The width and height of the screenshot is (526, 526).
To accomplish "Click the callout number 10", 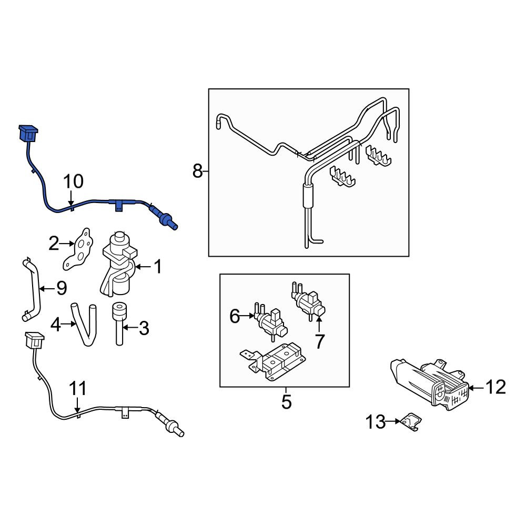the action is pyautogui.click(x=73, y=181).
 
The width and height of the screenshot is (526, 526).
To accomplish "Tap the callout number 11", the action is pyautogui.click(x=78, y=389).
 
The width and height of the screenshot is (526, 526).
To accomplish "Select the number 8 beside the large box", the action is pyautogui.click(x=198, y=171).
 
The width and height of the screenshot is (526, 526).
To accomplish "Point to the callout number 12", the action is pyautogui.click(x=496, y=387).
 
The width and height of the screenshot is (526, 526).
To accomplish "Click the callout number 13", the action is pyautogui.click(x=376, y=422).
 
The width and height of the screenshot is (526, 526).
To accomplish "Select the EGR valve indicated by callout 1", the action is pyautogui.click(x=118, y=264).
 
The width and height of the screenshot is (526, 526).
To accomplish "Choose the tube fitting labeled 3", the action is pyautogui.click(x=119, y=323).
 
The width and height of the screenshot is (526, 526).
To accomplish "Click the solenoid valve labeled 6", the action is pyautogui.click(x=271, y=321).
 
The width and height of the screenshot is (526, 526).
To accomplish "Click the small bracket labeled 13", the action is pyautogui.click(x=412, y=422).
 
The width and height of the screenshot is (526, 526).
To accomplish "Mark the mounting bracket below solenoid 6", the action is pyautogui.click(x=272, y=361).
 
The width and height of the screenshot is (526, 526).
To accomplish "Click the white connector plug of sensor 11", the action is pyautogui.click(x=34, y=340).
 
